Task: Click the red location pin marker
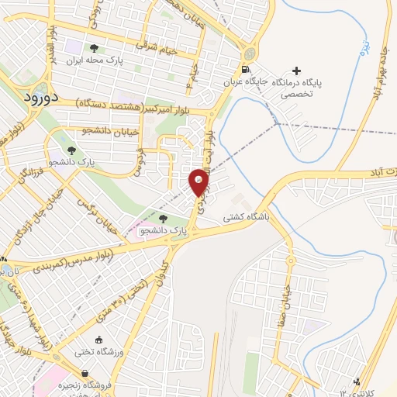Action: pyautogui.click(x=198, y=182)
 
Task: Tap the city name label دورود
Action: pyautogui.click(x=36, y=97)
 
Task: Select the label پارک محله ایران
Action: pyautogui.click(x=94, y=60)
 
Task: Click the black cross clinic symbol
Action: pyautogui.click(x=318, y=70)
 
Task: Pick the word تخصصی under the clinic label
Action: pyautogui.click(x=317, y=90)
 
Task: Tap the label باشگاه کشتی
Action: pyautogui.click(x=246, y=219)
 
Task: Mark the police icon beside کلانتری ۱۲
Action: pyautogui.click(x=357, y=381)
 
